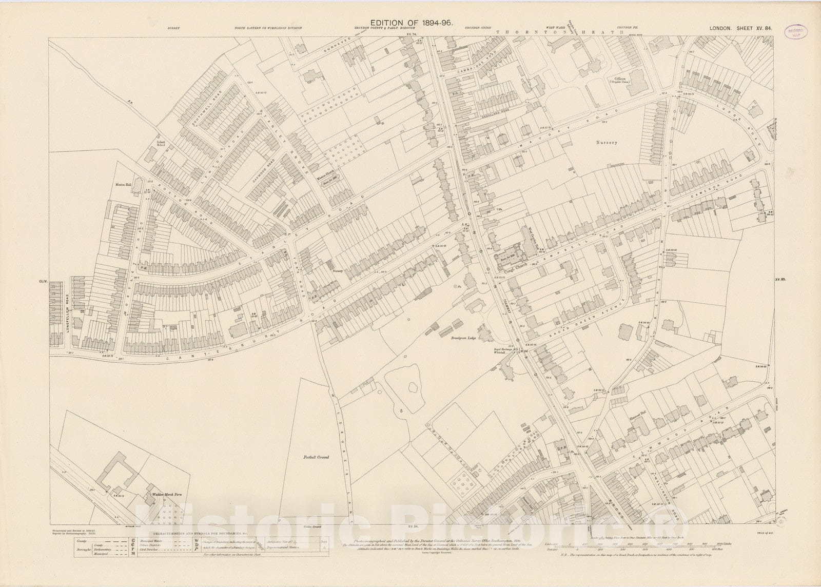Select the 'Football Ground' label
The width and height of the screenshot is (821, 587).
coord(315,457)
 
